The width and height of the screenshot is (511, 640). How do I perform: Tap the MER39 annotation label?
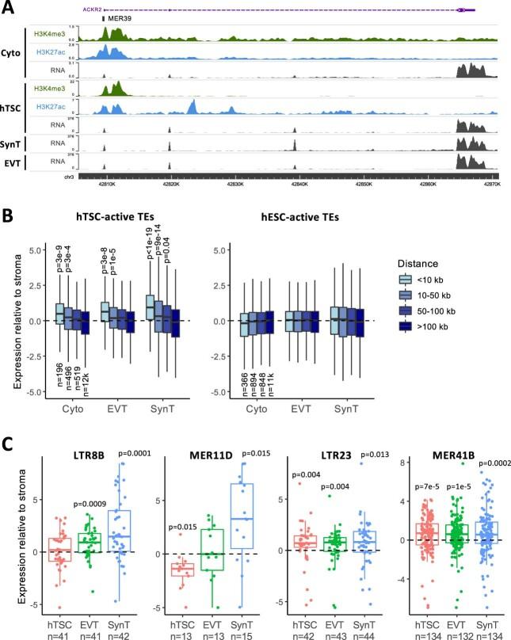[x=119, y=17]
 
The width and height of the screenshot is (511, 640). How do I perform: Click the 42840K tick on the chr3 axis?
[x=299, y=181]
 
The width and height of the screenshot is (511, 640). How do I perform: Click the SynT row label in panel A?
[x=11, y=143]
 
